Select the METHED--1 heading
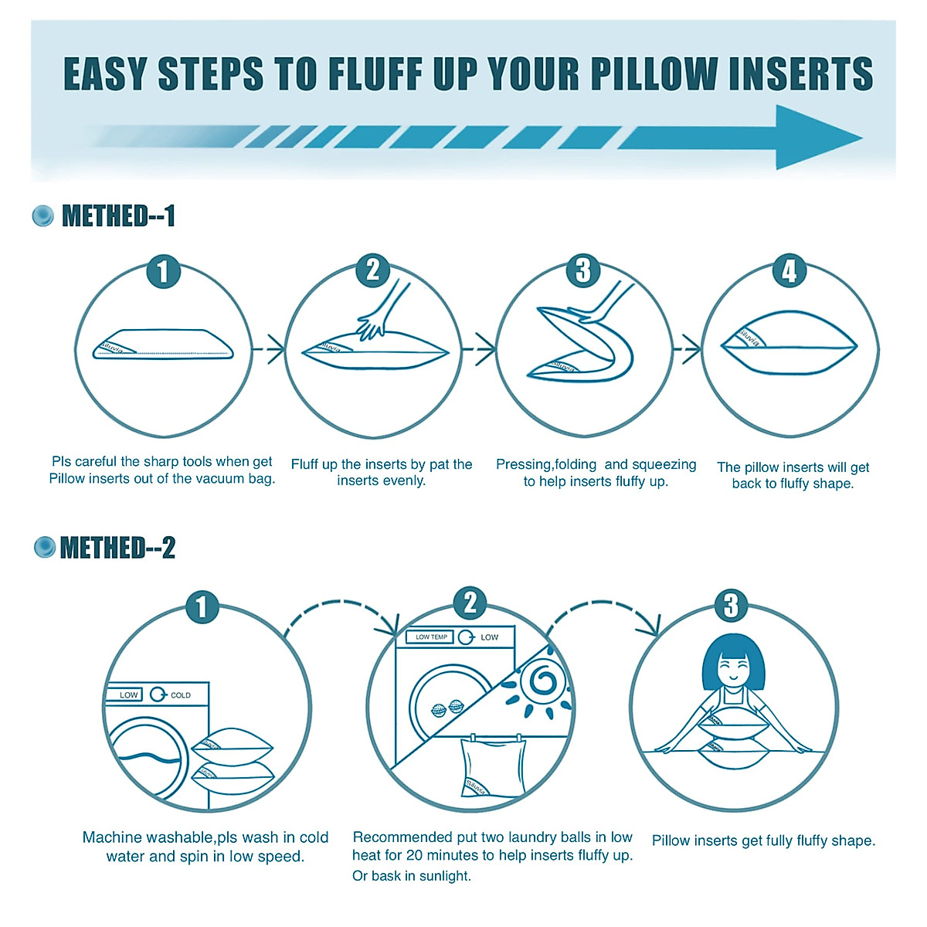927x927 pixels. tap(118, 216)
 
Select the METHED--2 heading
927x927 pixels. tap(117, 548)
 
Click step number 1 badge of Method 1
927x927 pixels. tap(163, 272)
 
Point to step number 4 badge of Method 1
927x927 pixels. tap(789, 271)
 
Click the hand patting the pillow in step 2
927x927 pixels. tap(382, 313)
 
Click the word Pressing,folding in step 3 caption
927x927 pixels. tap(545, 464)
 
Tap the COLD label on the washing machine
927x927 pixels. tap(181, 695)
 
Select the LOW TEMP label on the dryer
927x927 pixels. tap(431, 637)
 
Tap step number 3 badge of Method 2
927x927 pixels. tap(730, 605)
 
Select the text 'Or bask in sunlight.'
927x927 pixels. tap(411, 876)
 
